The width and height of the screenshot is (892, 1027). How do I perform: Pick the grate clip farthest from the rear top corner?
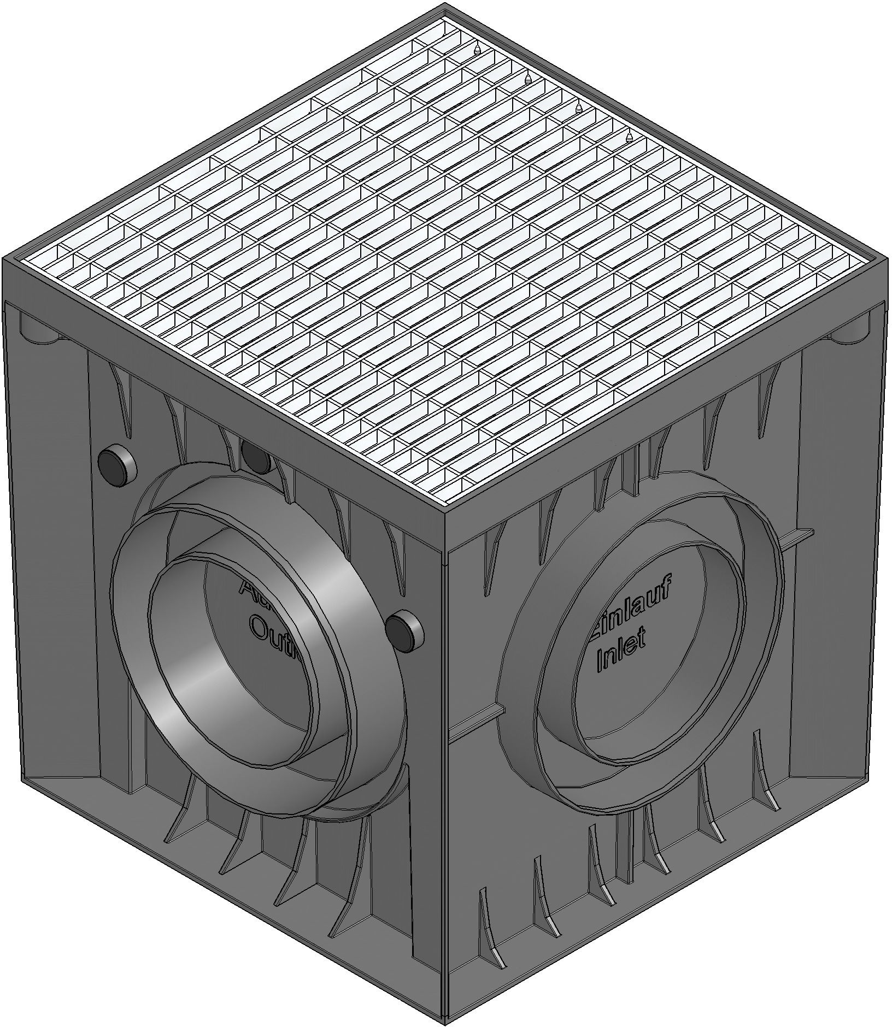tap(629, 139)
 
